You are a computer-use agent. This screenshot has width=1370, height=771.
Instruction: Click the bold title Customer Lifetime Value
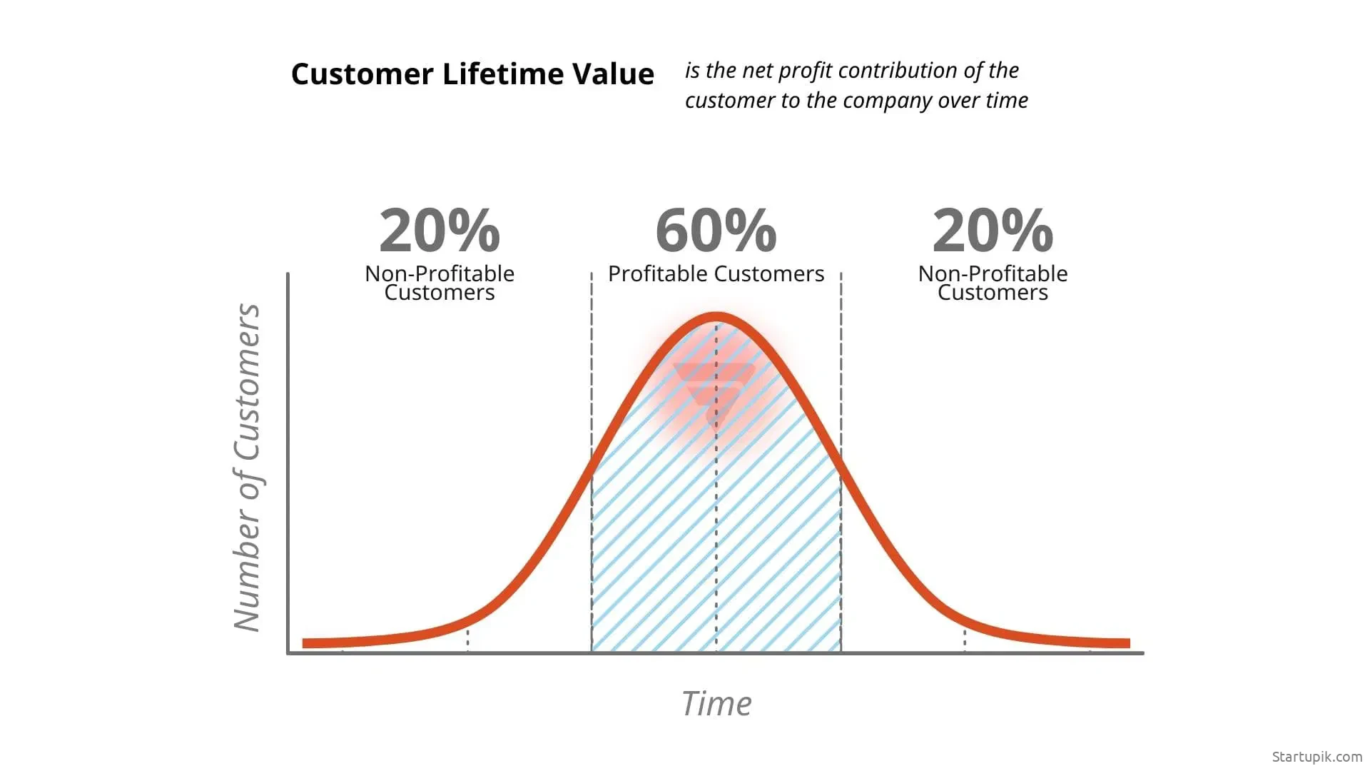pyautogui.click(x=472, y=74)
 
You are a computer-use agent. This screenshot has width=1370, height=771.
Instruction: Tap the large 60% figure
pyautogui.click(x=716, y=230)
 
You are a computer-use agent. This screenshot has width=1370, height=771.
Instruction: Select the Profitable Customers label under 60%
pyautogui.click(x=716, y=273)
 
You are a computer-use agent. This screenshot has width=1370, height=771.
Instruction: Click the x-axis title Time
pyautogui.click(x=716, y=704)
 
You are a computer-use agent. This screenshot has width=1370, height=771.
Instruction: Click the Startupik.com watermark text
pyautogui.click(x=1316, y=757)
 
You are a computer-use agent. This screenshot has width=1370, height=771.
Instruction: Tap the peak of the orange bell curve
pyautogui.click(x=716, y=317)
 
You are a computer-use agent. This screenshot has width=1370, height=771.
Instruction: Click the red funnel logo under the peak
pyautogui.click(x=714, y=393)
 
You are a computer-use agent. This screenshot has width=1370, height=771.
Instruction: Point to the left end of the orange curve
pyautogui.click(x=303, y=643)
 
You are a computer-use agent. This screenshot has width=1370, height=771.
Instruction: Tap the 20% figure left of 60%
pyautogui.click(x=440, y=230)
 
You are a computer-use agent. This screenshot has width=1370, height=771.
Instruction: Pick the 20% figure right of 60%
pyautogui.click(x=993, y=230)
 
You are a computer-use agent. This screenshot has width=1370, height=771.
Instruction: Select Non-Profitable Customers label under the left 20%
pyautogui.click(x=440, y=283)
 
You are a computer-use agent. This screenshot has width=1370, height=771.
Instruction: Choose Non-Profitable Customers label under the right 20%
pyautogui.click(x=993, y=283)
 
